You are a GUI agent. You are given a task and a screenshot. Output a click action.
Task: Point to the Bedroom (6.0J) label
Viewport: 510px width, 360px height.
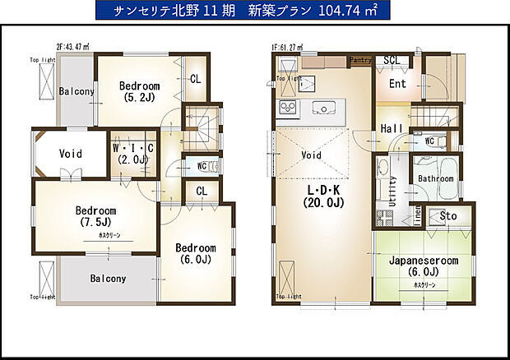coord(195,254)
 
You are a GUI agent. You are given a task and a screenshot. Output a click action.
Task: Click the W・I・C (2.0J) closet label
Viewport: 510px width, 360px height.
coord(132,154)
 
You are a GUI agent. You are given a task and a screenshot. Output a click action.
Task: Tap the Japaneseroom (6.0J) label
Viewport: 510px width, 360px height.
coord(424,266)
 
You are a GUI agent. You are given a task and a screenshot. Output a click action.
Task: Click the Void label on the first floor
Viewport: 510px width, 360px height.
coord(312,154)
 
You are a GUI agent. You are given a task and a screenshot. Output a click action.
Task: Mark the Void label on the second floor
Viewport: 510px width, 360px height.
coord(70,154)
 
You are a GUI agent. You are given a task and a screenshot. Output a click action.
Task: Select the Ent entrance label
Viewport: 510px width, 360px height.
coord(397,83)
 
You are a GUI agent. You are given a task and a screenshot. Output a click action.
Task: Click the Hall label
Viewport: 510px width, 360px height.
coord(391,128)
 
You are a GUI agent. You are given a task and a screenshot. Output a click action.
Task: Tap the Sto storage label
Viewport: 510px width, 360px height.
coord(449,216)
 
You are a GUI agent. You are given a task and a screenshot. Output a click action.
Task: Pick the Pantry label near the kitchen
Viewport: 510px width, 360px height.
coord(361,60)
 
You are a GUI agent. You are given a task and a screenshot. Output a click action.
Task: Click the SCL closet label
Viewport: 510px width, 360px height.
coord(392,60)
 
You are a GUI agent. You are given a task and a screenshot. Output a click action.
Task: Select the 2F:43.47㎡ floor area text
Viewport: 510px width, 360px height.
coord(73,47)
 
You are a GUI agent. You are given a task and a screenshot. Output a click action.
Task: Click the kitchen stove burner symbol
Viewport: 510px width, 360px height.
coord(289,108)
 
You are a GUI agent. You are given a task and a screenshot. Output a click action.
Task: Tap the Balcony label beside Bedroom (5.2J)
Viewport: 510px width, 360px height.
coord(76,91)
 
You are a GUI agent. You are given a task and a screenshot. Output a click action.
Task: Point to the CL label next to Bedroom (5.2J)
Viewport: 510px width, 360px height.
coord(196,80)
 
